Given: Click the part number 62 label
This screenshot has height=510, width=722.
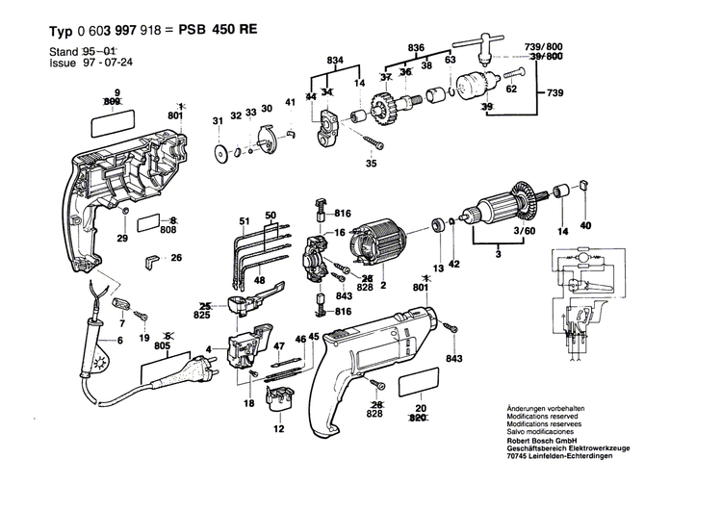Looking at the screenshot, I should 511,89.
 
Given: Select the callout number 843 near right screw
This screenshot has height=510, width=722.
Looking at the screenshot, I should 454,360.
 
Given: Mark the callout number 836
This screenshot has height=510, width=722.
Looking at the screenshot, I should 416,47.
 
